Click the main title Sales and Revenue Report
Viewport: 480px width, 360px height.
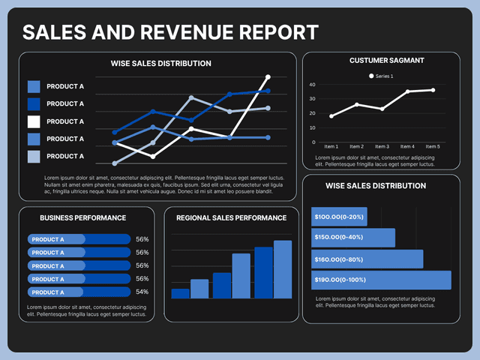tap(170, 32)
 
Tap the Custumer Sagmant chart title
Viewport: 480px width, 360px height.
tap(386, 60)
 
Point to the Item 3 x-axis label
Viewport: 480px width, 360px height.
tap(382, 146)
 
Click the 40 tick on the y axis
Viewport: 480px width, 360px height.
tap(312, 85)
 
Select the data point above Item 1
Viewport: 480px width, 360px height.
tap(331, 115)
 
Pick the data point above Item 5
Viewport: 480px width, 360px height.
tap(433, 90)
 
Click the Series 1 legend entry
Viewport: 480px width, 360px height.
tap(385, 76)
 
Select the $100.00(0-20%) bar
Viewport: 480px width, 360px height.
tap(339, 217)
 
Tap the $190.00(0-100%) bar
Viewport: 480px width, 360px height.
tap(381, 280)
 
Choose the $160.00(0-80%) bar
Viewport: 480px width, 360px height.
tap(367, 259)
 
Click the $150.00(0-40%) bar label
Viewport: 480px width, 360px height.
tap(339, 238)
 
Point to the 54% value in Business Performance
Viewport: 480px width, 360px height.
tap(142, 292)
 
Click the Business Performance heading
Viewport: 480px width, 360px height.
tap(82, 217)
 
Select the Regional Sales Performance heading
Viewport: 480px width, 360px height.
tap(231, 218)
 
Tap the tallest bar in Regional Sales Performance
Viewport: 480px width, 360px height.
tap(283, 269)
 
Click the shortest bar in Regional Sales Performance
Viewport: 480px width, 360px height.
tap(181, 293)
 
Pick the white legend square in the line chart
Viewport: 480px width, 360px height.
tap(34, 121)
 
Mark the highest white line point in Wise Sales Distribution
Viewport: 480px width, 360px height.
tap(268, 76)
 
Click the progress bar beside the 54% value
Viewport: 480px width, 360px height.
tap(78, 292)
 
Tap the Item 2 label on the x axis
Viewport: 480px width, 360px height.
tap(357, 146)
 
